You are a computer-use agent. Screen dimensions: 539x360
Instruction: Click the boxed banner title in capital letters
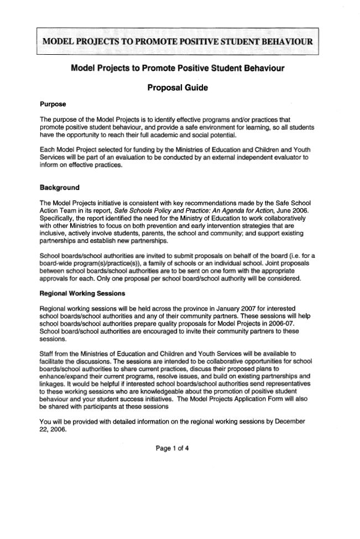[x=178, y=42]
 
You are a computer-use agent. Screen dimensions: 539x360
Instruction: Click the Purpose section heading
[x=53, y=104]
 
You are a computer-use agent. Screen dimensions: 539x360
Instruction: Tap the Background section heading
[x=60, y=188]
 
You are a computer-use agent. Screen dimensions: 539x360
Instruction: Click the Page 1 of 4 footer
[x=173, y=448]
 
